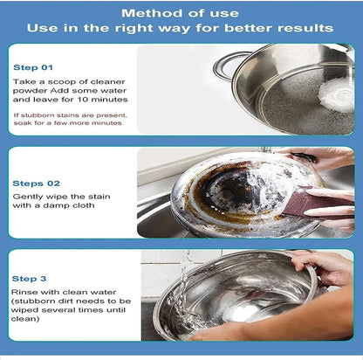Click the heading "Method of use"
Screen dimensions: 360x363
(x=181, y=12)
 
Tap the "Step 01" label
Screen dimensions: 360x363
(x=33, y=67)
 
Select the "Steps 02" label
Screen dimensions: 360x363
(x=35, y=183)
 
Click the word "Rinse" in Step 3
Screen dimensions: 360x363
(x=25, y=291)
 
